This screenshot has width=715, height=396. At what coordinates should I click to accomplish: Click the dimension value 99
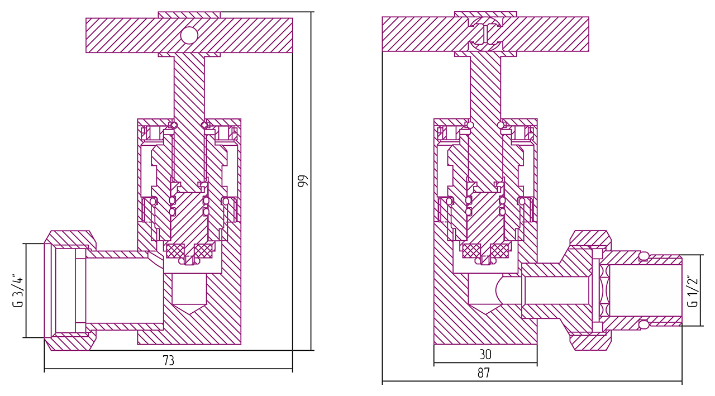pos(302,182)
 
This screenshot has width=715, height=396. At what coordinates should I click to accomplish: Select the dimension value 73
pos(168,361)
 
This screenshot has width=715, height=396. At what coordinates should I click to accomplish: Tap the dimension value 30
pos(485,355)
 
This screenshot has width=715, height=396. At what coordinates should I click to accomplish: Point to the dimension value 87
pos(484,374)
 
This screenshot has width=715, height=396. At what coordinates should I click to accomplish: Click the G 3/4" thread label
pos(18,290)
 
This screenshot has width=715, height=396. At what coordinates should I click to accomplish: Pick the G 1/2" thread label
pos(693,290)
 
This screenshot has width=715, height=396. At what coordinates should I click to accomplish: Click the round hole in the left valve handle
pos(189,35)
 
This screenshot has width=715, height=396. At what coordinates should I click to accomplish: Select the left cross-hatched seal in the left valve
pos(175,251)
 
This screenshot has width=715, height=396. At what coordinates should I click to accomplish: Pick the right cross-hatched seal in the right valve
pos(499,251)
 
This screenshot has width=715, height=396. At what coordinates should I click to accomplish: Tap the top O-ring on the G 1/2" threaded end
pos(643,256)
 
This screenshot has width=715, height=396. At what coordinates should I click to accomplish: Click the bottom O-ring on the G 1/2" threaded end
pos(643,323)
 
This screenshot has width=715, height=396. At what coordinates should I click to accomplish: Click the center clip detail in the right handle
pos(485,32)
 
